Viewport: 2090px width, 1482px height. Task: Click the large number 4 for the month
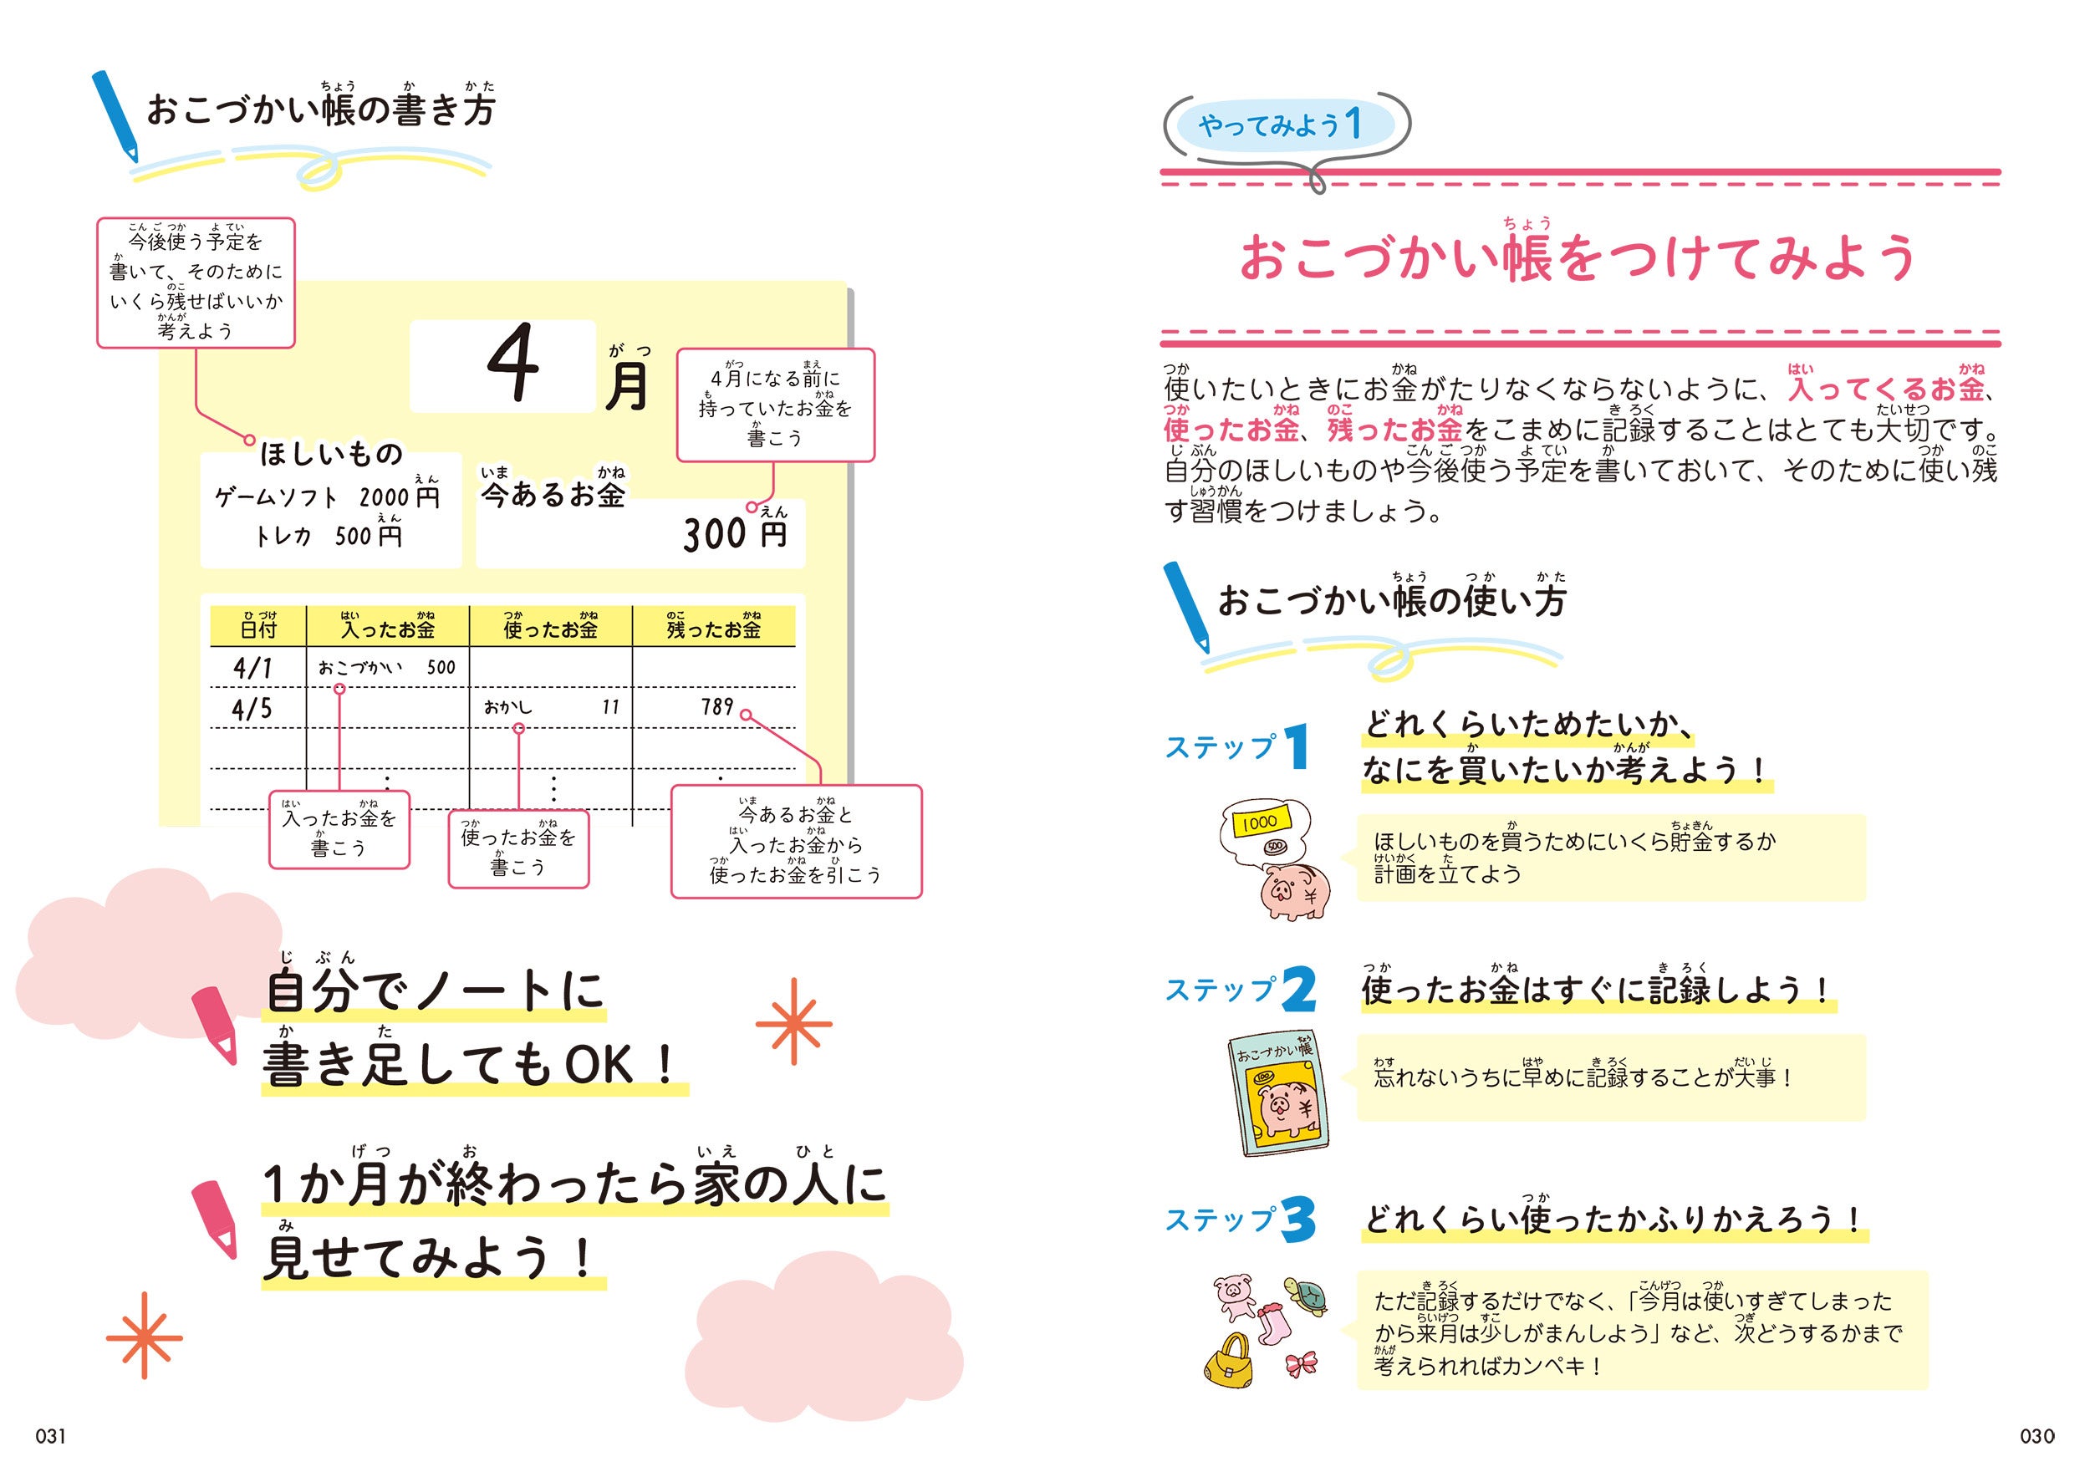(x=513, y=364)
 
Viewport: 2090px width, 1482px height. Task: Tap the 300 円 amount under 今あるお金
(x=735, y=533)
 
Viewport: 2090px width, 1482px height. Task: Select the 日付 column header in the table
(x=258, y=628)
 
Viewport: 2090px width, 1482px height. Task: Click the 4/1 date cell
(x=252, y=668)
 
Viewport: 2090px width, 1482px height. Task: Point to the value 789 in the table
(x=716, y=706)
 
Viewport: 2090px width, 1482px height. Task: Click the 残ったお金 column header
(x=713, y=628)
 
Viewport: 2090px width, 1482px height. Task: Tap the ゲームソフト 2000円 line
(x=327, y=497)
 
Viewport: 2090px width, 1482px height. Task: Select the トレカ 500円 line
(x=327, y=536)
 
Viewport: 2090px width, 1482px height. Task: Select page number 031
(x=50, y=1436)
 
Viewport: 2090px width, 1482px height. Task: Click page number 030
(x=2036, y=1436)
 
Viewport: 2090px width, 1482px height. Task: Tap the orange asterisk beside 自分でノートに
(x=793, y=1022)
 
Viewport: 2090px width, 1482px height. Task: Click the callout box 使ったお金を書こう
(x=518, y=849)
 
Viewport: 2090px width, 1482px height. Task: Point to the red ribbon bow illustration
(x=1301, y=1363)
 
